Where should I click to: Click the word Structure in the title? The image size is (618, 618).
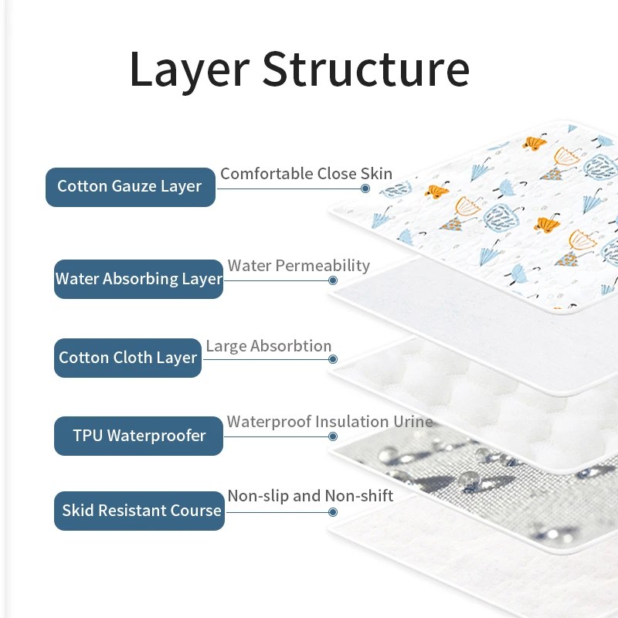tap(365, 69)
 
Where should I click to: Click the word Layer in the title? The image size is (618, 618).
tap(189, 72)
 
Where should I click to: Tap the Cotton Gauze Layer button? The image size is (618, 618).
tap(131, 187)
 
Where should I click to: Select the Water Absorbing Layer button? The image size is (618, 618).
tap(138, 279)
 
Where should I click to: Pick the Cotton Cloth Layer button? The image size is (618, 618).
tap(127, 358)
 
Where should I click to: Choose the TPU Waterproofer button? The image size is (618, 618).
tap(138, 436)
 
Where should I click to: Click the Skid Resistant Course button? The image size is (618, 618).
tap(139, 511)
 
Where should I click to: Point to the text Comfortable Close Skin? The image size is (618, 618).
tap(306, 174)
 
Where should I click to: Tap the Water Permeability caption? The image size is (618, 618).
tap(299, 266)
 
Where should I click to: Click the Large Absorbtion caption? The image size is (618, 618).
tap(268, 346)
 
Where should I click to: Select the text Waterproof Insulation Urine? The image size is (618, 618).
tap(330, 422)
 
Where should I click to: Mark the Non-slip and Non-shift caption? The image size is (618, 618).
tap(311, 496)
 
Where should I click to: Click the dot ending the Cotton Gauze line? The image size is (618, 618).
tap(365, 188)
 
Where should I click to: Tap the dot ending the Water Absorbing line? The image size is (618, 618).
tap(333, 280)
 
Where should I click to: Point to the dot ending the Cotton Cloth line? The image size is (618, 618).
tap(333, 359)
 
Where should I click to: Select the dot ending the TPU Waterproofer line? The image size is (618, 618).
tap(333, 436)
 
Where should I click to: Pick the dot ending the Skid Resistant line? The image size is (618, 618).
tap(333, 512)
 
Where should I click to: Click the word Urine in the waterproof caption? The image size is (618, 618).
tap(413, 422)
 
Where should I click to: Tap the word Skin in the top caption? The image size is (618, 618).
tap(376, 173)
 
